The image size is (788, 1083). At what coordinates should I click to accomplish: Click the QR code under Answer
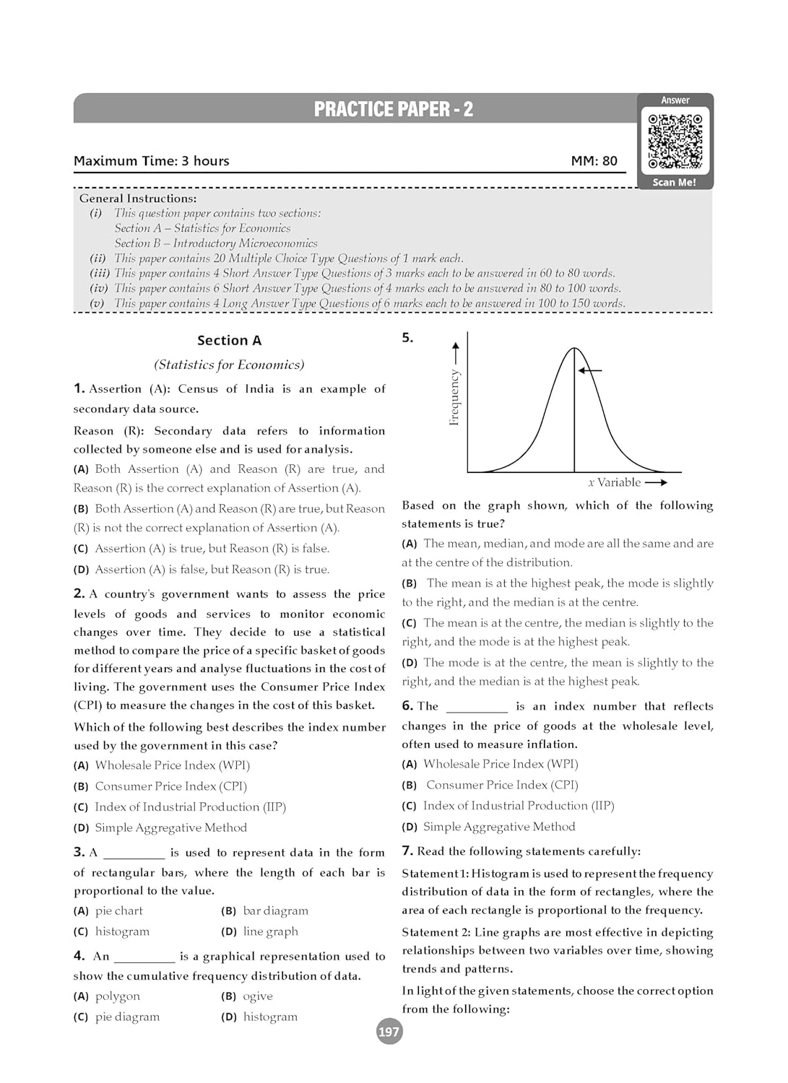coord(675,141)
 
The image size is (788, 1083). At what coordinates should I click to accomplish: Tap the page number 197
coord(389,1032)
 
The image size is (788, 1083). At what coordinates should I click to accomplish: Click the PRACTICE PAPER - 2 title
coord(394,109)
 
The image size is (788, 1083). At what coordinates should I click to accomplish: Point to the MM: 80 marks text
coord(594,161)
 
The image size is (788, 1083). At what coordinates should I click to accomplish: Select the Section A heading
coord(229,340)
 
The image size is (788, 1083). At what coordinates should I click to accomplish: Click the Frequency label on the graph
coord(454,397)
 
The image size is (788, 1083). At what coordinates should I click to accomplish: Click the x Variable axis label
coord(615,482)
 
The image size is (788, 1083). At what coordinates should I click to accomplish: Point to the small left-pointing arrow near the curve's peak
coord(589,370)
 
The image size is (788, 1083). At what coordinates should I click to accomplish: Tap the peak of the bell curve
coord(574,349)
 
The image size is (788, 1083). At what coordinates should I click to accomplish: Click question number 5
coord(407,337)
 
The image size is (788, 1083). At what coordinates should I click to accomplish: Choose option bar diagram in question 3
coord(274,911)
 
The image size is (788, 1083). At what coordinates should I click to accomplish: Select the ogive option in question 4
coord(257,996)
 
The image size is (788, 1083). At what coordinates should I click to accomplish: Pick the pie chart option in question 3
coord(118,911)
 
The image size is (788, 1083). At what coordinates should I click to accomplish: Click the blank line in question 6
coord(477,708)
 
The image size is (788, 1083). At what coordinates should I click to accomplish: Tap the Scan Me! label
coord(674,183)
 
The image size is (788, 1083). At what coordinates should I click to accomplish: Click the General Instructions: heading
coord(138,199)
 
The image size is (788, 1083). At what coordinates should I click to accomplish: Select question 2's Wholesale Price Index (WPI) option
coord(172,765)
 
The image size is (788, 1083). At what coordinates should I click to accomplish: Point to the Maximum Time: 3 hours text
coord(152,161)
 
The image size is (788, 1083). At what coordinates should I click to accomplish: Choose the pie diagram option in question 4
coord(127,1017)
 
